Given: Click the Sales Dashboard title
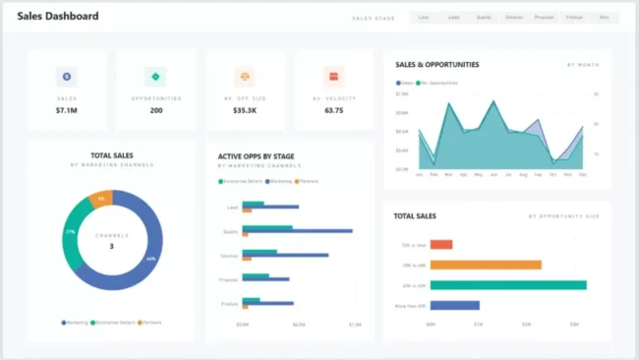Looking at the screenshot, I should pyautogui.click(x=57, y=17).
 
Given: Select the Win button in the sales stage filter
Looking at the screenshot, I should pyautogui.click(x=604, y=17).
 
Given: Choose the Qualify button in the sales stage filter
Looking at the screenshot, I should pyautogui.click(x=484, y=17).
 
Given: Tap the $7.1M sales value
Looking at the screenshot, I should pyautogui.click(x=68, y=110).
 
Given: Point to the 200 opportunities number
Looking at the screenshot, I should pyautogui.click(x=156, y=110).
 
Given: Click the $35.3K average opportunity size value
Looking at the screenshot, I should pyautogui.click(x=245, y=110).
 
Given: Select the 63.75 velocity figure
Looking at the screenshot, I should pyautogui.click(x=333, y=110).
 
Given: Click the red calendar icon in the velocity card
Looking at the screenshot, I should pyautogui.click(x=333, y=76).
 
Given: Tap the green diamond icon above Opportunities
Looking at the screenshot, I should pyautogui.click(x=156, y=76).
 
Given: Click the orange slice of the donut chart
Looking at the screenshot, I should pyautogui.click(x=100, y=199).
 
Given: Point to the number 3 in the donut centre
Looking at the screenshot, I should pyautogui.click(x=111, y=246).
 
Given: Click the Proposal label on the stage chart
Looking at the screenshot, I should pyautogui.click(x=230, y=278).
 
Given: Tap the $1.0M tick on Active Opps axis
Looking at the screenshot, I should pyautogui.click(x=355, y=324).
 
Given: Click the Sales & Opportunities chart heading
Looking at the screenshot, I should pyautogui.click(x=436, y=65).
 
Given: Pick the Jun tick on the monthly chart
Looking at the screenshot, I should pyautogui.click(x=493, y=174).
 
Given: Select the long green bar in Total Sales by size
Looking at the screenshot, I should pyautogui.click(x=507, y=285).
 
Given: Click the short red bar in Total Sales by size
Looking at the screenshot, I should pyautogui.click(x=440, y=244).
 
